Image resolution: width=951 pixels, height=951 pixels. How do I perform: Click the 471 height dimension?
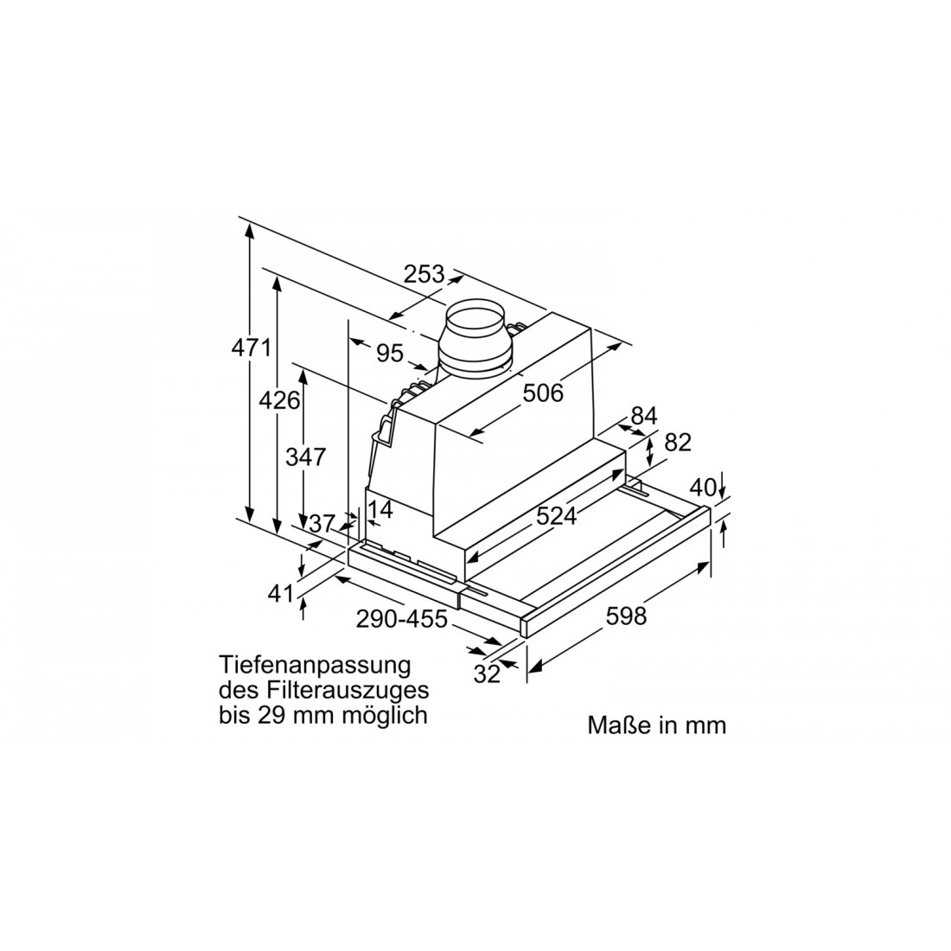[x=252, y=349]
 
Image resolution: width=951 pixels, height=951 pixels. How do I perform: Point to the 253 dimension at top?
[x=424, y=274]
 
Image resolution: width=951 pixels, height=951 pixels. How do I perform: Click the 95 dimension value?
[x=390, y=353]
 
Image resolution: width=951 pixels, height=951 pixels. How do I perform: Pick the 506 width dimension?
[x=543, y=393]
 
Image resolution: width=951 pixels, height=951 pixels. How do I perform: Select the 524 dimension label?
[x=556, y=516]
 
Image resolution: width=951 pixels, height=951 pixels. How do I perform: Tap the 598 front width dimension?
[x=626, y=616]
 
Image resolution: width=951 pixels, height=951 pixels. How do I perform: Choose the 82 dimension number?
[x=679, y=442]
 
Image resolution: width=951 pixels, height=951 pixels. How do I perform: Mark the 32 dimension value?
[x=488, y=673]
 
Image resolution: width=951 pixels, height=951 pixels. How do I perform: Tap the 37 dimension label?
[x=322, y=523]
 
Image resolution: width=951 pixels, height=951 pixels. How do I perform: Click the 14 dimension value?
[x=380, y=509]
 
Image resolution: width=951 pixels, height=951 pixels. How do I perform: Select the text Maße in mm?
[x=657, y=724]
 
